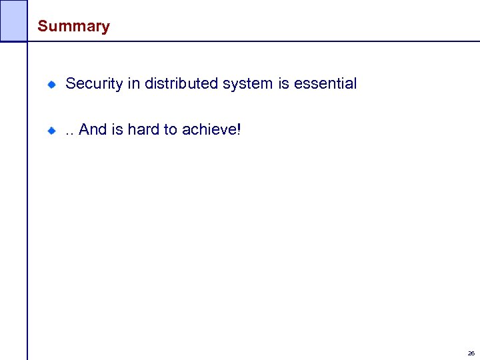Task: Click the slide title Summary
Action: [73, 27]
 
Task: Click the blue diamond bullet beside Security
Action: [51, 85]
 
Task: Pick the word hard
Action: [143, 129]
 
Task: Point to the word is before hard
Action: [117, 129]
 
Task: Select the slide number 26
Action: [471, 353]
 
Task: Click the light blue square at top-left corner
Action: [13, 20]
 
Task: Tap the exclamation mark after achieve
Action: [238, 129]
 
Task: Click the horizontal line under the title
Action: [253, 41]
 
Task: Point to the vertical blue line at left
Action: [27, 200]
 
